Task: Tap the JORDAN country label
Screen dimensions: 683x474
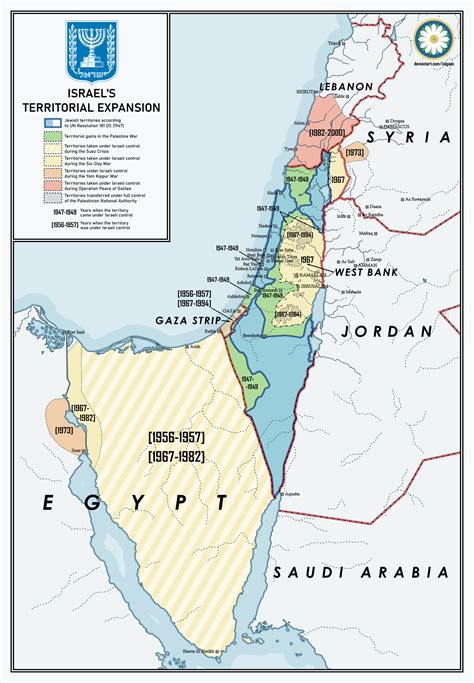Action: (384, 330)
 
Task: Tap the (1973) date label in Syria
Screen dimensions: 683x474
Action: (353, 153)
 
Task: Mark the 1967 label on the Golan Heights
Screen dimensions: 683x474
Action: (337, 181)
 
